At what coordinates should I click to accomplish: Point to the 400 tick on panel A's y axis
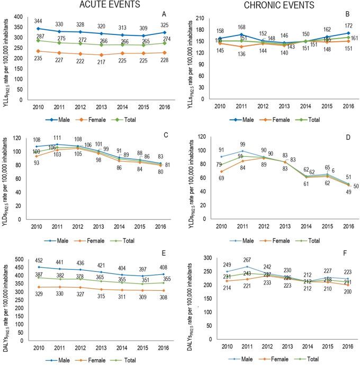pyautogui.click(x=21, y=17)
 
